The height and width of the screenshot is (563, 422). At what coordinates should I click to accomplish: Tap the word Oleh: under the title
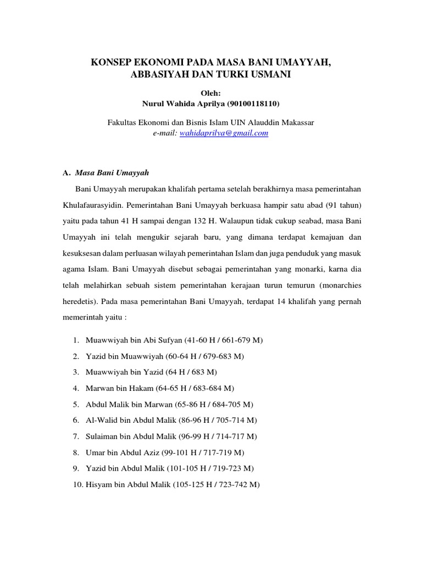coord(210,93)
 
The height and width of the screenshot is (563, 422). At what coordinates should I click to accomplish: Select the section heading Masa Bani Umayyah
coord(112,173)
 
